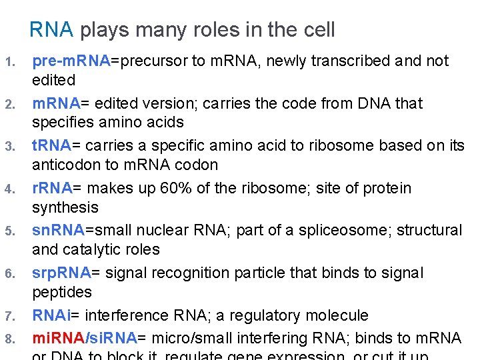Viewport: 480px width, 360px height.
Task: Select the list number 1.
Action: [9, 63]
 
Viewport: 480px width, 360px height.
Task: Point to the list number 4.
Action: [9, 190]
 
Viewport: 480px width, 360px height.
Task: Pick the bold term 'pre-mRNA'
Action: [71, 61]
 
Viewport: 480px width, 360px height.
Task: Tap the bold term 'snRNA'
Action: [59, 230]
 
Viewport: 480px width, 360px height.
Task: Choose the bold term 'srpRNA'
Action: [61, 273]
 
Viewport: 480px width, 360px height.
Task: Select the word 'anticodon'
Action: [65, 165]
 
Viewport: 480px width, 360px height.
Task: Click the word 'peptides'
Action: [62, 292]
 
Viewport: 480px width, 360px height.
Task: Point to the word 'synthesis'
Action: [65, 207]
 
